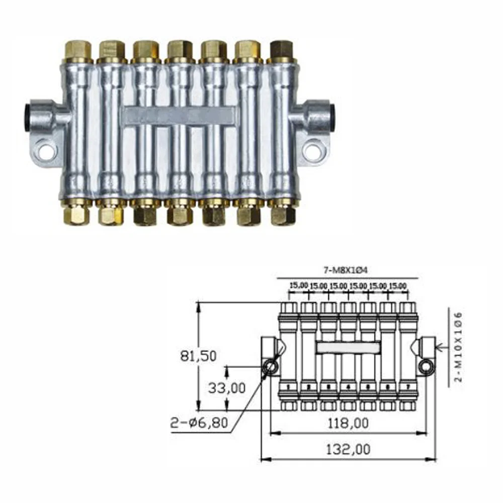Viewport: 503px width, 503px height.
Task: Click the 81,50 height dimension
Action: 198,356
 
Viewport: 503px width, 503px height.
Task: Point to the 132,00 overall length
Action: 347,449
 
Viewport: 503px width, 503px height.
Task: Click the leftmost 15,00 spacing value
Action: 298,285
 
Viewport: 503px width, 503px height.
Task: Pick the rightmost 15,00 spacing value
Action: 398,285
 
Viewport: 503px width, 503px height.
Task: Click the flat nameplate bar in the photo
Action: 179,116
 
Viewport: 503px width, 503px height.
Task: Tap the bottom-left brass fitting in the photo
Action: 78,214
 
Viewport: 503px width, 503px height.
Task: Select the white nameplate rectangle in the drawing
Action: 348,347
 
